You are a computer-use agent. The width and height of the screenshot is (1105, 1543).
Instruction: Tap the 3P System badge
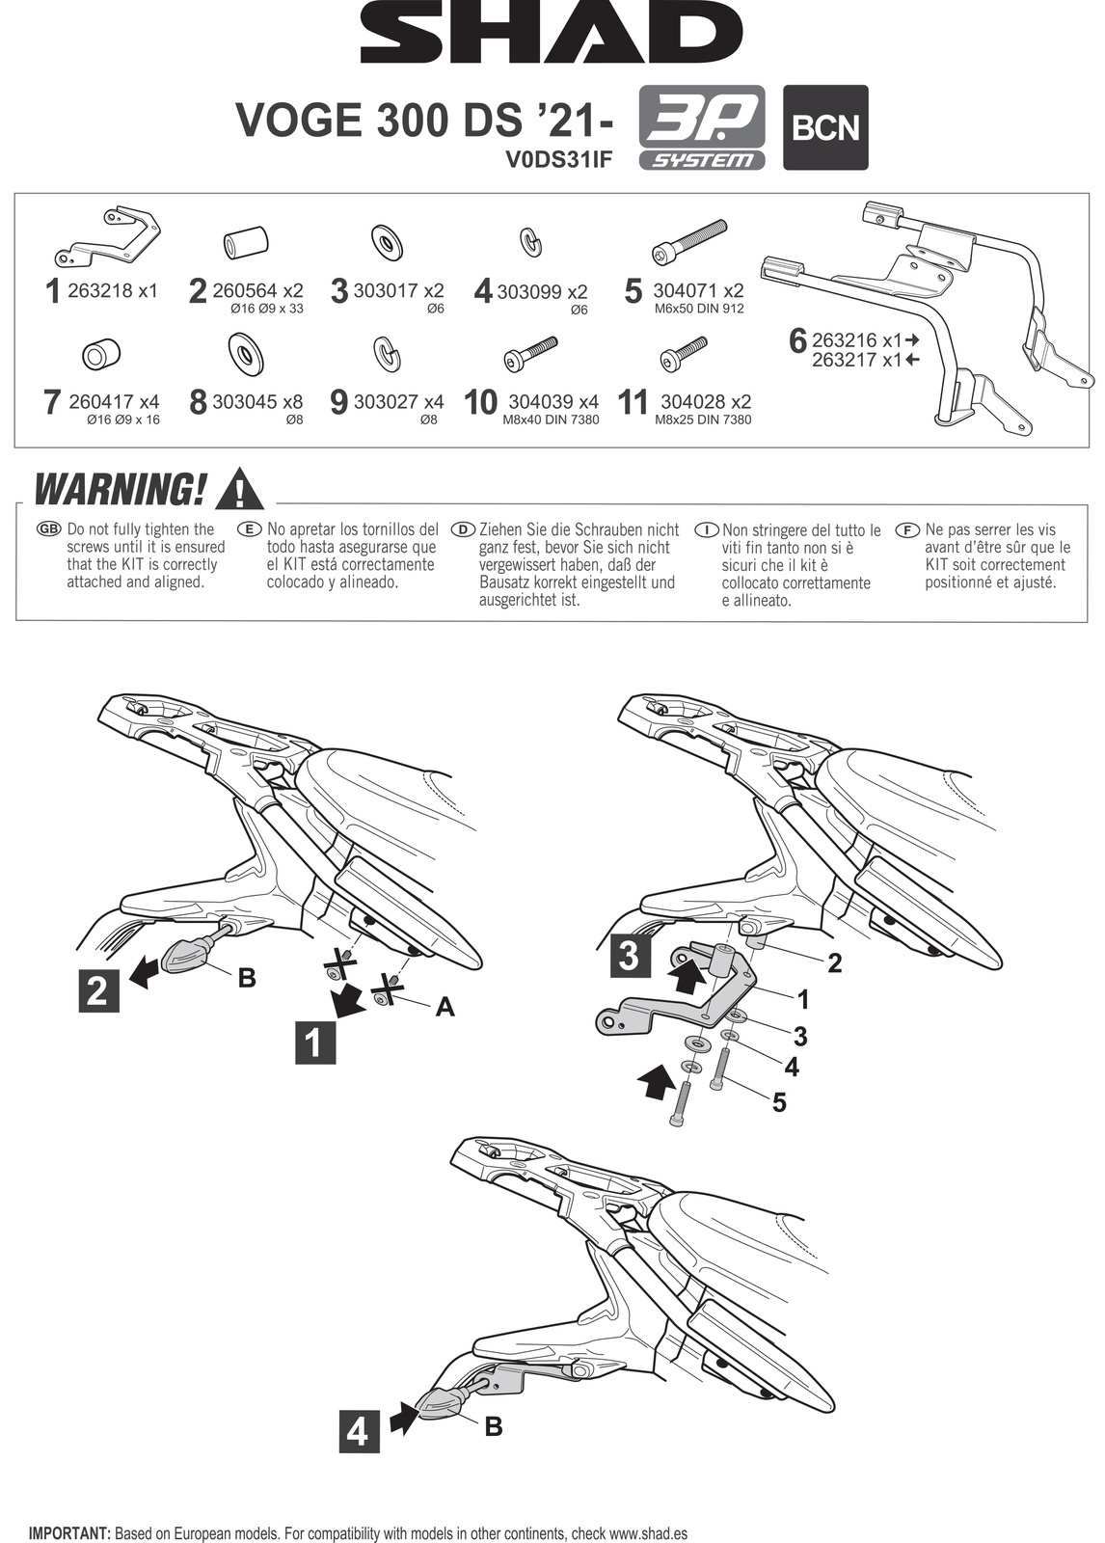(x=701, y=128)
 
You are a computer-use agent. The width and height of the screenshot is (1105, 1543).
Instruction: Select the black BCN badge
(x=824, y=128)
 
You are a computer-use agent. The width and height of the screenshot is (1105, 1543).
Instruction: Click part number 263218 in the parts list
(x=99, y=290)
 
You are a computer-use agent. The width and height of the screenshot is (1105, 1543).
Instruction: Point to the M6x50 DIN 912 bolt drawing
(x=689, y=242)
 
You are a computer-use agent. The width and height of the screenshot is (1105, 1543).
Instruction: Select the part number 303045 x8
(x=257, y=401)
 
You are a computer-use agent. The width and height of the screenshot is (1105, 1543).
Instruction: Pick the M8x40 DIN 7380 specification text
(x=552, y=420)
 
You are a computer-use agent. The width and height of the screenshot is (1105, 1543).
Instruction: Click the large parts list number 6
(x=797, y=340)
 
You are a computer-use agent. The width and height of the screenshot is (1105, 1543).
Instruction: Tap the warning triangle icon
(x=239, y=490)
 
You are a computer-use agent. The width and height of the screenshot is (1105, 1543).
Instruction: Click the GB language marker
(x=48, y=529)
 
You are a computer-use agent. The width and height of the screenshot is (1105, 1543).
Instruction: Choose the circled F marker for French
(x=906, y=529)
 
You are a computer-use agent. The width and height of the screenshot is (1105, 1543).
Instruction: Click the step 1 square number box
(x=314, y=1043)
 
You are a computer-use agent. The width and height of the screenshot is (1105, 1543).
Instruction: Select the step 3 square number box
(x=629, y=956)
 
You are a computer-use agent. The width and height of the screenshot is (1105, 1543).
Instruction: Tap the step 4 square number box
(x=358, y=1431)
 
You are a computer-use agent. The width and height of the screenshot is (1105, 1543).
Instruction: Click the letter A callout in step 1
(x=445, y=1007)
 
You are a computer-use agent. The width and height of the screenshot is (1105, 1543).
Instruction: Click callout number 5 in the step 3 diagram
(x=779, y=1101)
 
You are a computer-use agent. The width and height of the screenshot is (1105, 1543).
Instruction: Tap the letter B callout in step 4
(x=494, y=1425)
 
